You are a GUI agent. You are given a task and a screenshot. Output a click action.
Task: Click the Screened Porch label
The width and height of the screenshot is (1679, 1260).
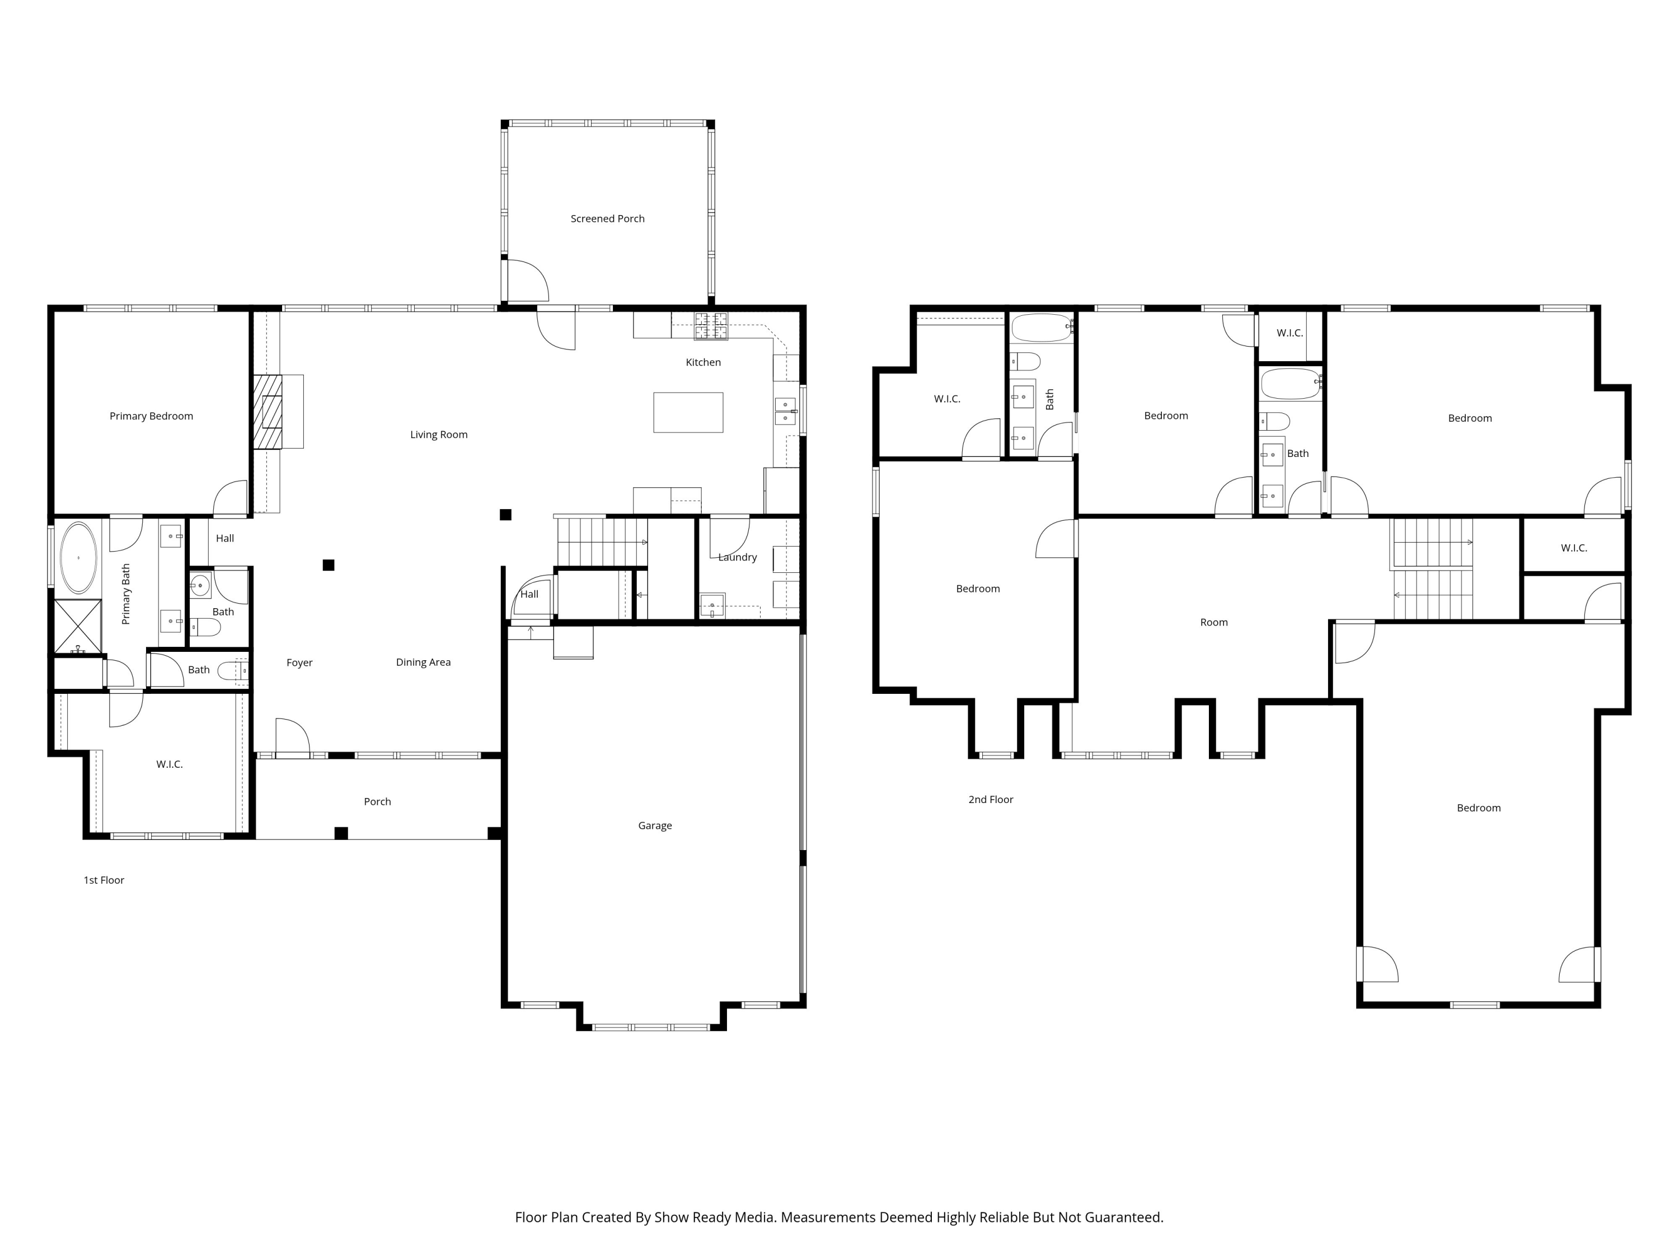[x=607, y=219]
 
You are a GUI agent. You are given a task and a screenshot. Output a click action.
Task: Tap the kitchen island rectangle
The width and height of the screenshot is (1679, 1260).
[x=688, y=412]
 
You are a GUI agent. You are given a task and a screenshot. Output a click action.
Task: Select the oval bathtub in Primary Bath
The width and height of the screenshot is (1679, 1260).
[x=78, y=557]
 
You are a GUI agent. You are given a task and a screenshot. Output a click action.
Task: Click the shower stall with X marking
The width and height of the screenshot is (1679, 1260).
[x=77, y=626]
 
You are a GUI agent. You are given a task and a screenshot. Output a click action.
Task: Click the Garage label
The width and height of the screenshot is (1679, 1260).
[x=654, y=825]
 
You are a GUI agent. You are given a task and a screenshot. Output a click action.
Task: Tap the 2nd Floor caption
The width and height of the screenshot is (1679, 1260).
[x=991, y=800]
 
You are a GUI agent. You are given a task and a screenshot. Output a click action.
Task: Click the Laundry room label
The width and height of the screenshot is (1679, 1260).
[x=737, y=557]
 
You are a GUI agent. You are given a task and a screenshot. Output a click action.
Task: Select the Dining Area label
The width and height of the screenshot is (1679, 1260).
[x=423, y=662]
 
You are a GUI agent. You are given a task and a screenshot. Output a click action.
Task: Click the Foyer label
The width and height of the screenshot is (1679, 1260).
[x=299, y=663]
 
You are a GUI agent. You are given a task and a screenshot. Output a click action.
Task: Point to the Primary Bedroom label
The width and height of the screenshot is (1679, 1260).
[x=151, y=416]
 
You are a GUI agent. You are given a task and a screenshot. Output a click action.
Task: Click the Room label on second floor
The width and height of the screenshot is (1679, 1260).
[x=1214, y=623]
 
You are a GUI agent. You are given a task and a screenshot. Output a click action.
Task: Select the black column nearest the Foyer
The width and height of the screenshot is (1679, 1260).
[x=329, y=565]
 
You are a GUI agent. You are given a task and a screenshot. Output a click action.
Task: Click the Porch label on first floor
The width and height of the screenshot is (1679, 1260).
[x=377, y=802]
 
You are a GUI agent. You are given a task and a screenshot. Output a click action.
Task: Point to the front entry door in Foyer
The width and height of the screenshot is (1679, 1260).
[x=292, y=738]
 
